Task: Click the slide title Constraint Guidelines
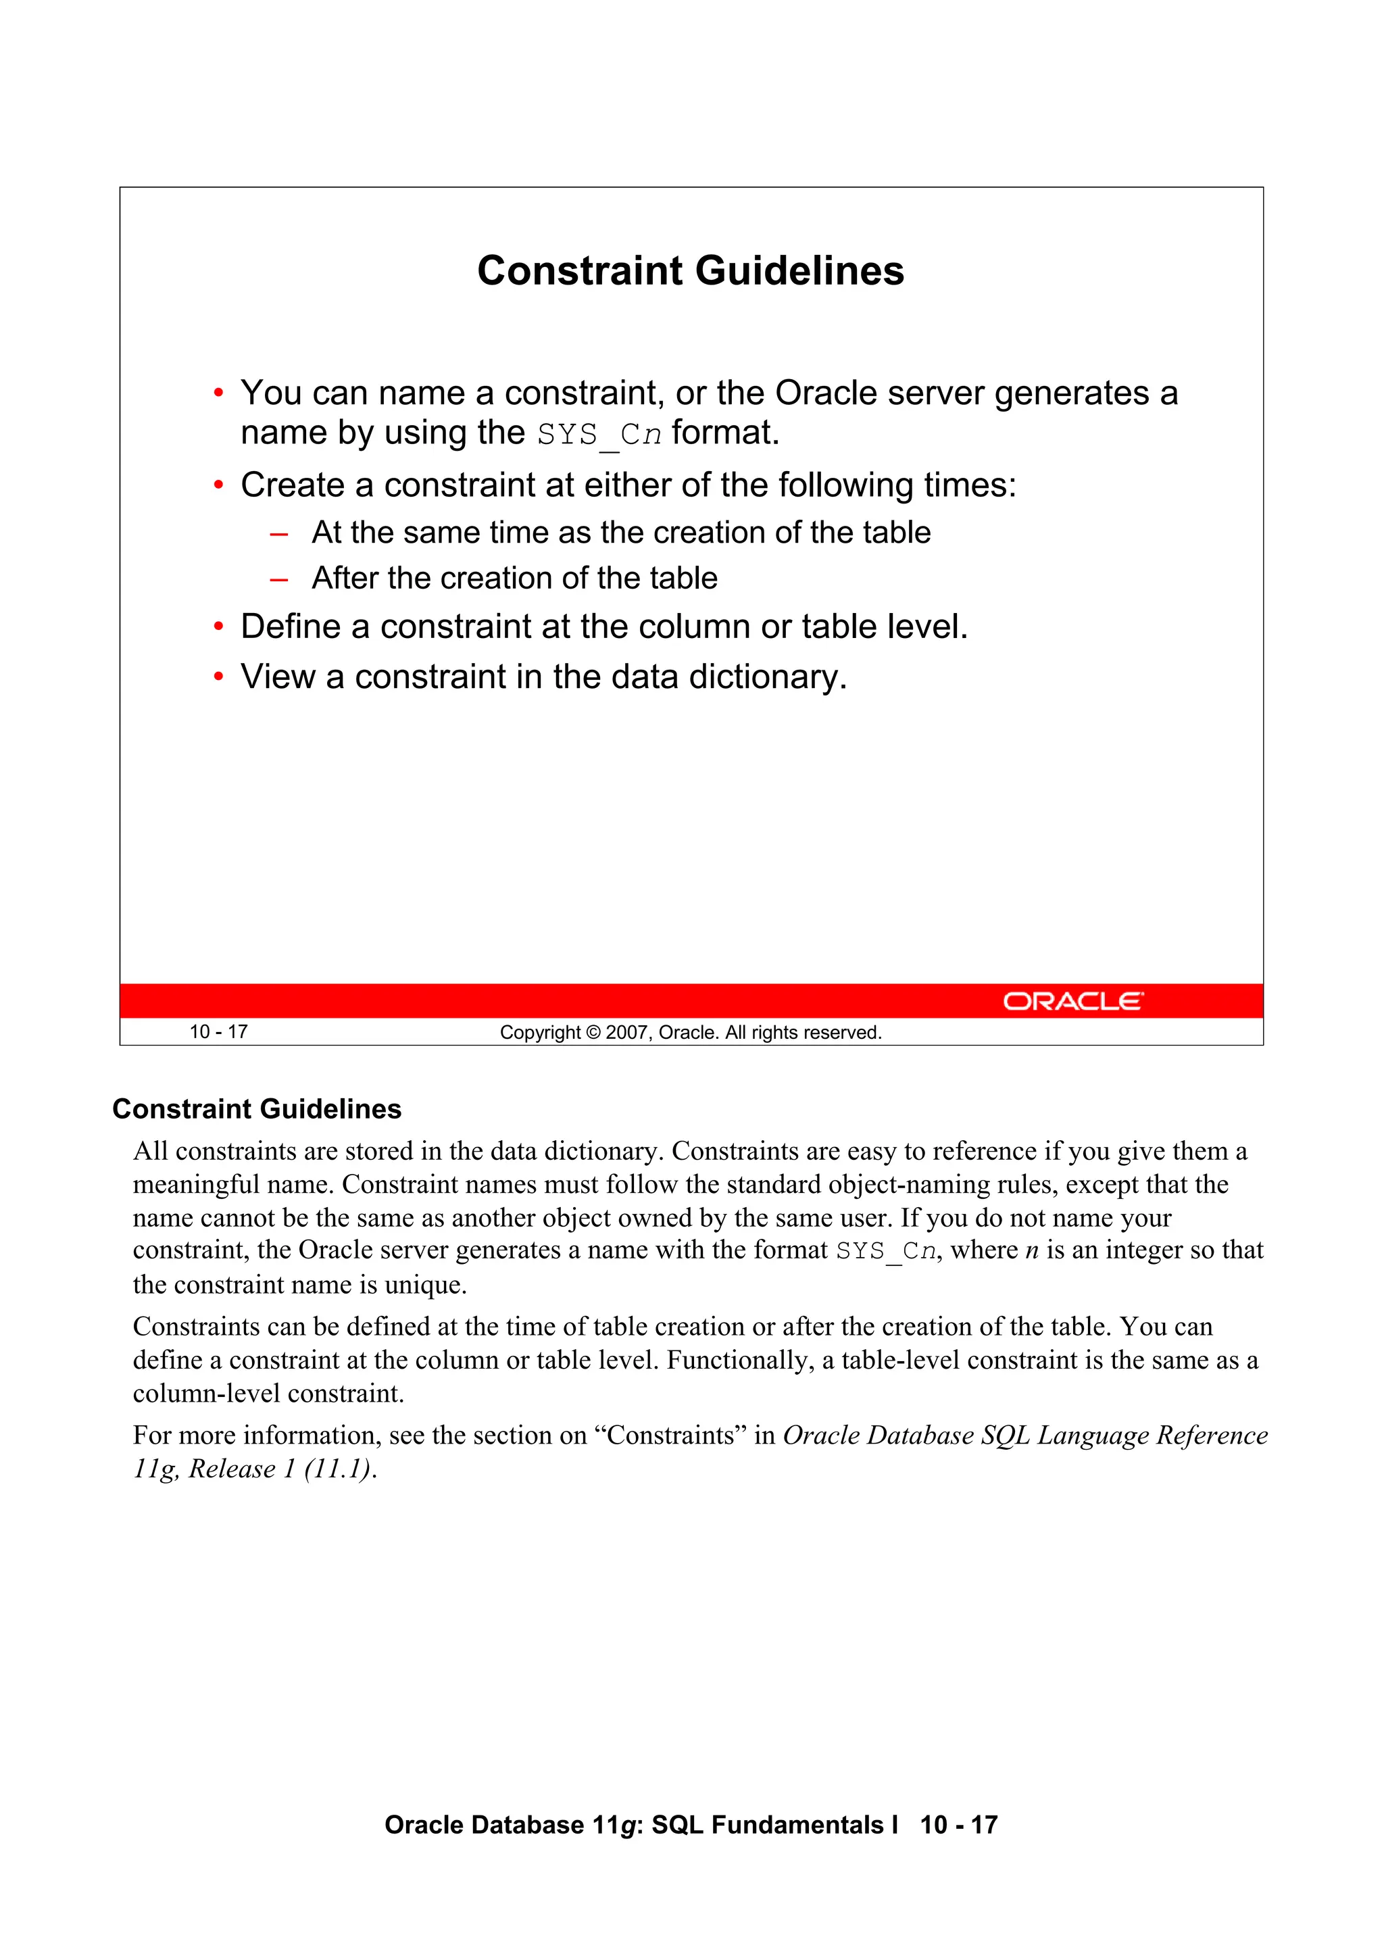[690, 271]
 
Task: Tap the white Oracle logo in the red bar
[1072, 1000]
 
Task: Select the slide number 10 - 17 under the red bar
[218, 1032]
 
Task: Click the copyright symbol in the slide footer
[593, 1033]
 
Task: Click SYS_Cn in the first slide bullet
[599, 435]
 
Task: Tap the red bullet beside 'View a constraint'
[218, 677]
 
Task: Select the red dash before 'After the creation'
[278, 579]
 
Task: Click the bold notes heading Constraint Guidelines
[257, 1108]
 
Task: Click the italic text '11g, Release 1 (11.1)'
[253, 1469]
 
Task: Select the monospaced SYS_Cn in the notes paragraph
[885, 1252]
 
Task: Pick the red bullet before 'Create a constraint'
[218, 485]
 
